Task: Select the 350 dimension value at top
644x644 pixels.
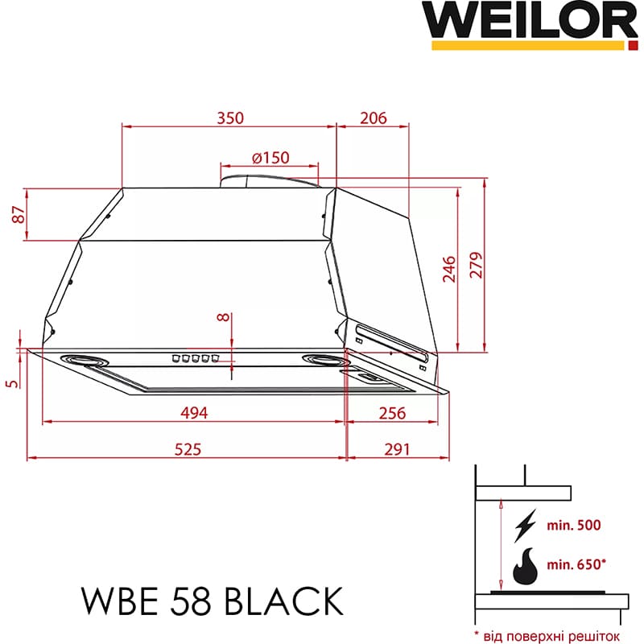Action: tap(229, 118)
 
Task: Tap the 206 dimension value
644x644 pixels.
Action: tap(373, 118)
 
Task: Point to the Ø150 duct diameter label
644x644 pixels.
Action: tap(270, 158)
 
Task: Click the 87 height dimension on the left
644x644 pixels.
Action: tap(15, 215)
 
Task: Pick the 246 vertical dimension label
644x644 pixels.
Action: tap(449, 268)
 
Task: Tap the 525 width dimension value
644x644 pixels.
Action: tap(187, 448)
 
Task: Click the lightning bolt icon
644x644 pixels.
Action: tap(525, 526)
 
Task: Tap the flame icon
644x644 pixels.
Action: tap(526, 564)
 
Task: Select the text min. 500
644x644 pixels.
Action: tap(572, 526)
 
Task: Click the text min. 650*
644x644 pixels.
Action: tap(575, 564)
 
